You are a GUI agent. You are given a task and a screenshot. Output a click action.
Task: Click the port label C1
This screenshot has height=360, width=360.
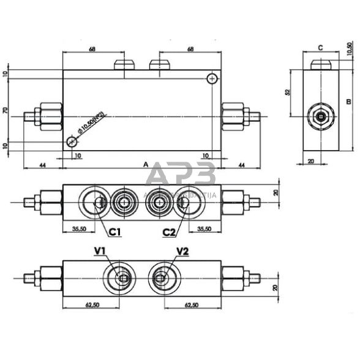tap(114, 231)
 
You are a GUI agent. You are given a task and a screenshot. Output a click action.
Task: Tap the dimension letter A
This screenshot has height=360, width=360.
tap(146, 164)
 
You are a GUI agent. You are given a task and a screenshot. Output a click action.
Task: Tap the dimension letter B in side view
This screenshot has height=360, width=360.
tap(347, 102)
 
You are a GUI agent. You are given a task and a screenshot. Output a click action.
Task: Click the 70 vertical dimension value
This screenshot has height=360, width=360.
tap(6, 111)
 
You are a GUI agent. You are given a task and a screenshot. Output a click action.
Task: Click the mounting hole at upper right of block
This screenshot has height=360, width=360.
tap(212, 78)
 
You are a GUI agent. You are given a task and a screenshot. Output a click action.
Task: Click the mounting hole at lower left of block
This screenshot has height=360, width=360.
tap(72, 142)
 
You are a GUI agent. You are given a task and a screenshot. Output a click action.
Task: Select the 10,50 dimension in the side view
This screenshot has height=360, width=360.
tap(350, 49)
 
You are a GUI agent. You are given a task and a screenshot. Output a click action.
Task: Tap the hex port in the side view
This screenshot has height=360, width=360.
tap(321, 116)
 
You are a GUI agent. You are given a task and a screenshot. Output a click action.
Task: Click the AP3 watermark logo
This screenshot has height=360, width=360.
tap(180, 176)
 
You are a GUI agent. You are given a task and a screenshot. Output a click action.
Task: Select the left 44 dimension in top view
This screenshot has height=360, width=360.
tap(42, 165)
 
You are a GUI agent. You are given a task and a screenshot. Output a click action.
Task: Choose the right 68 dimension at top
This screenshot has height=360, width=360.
tap(190, 49)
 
